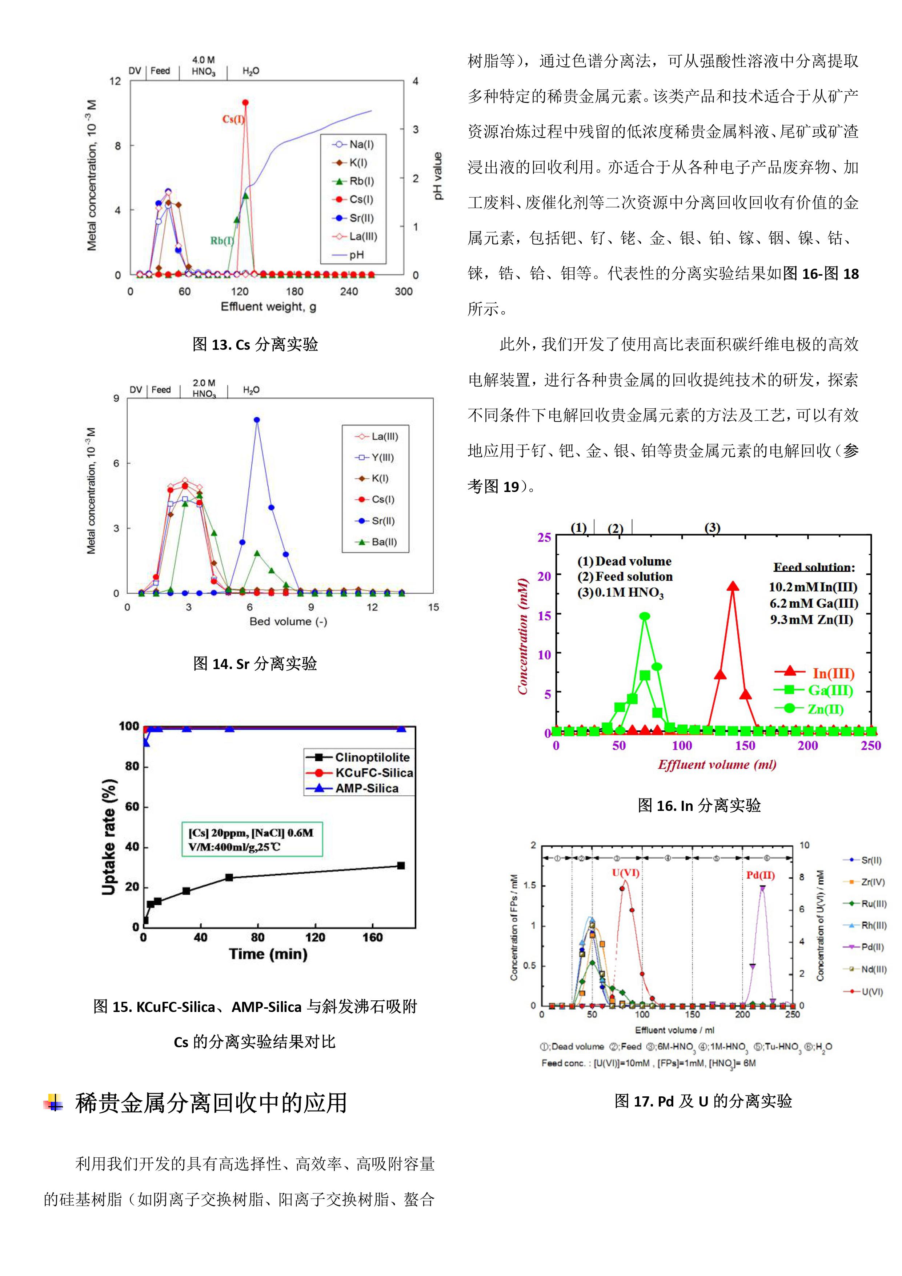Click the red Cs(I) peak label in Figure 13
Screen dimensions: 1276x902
(x=233, y=119)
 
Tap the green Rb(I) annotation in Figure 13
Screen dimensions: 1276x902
(x=222, y=241)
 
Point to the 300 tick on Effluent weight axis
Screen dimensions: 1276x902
(x=404, y=291)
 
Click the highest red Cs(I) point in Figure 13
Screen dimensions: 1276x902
(x=245, y=102)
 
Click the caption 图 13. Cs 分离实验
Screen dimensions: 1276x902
(x=255, y=345)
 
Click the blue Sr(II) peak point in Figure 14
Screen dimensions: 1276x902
(x=257, y=420)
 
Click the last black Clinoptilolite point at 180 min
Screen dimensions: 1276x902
(x=401, y=865)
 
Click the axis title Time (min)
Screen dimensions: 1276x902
(x=268, y=954)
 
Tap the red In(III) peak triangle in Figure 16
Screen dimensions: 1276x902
(x=733, y=586)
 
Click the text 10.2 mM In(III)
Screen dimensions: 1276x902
(x=813, y=587)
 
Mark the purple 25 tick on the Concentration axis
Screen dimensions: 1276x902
(x=544, y=537)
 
